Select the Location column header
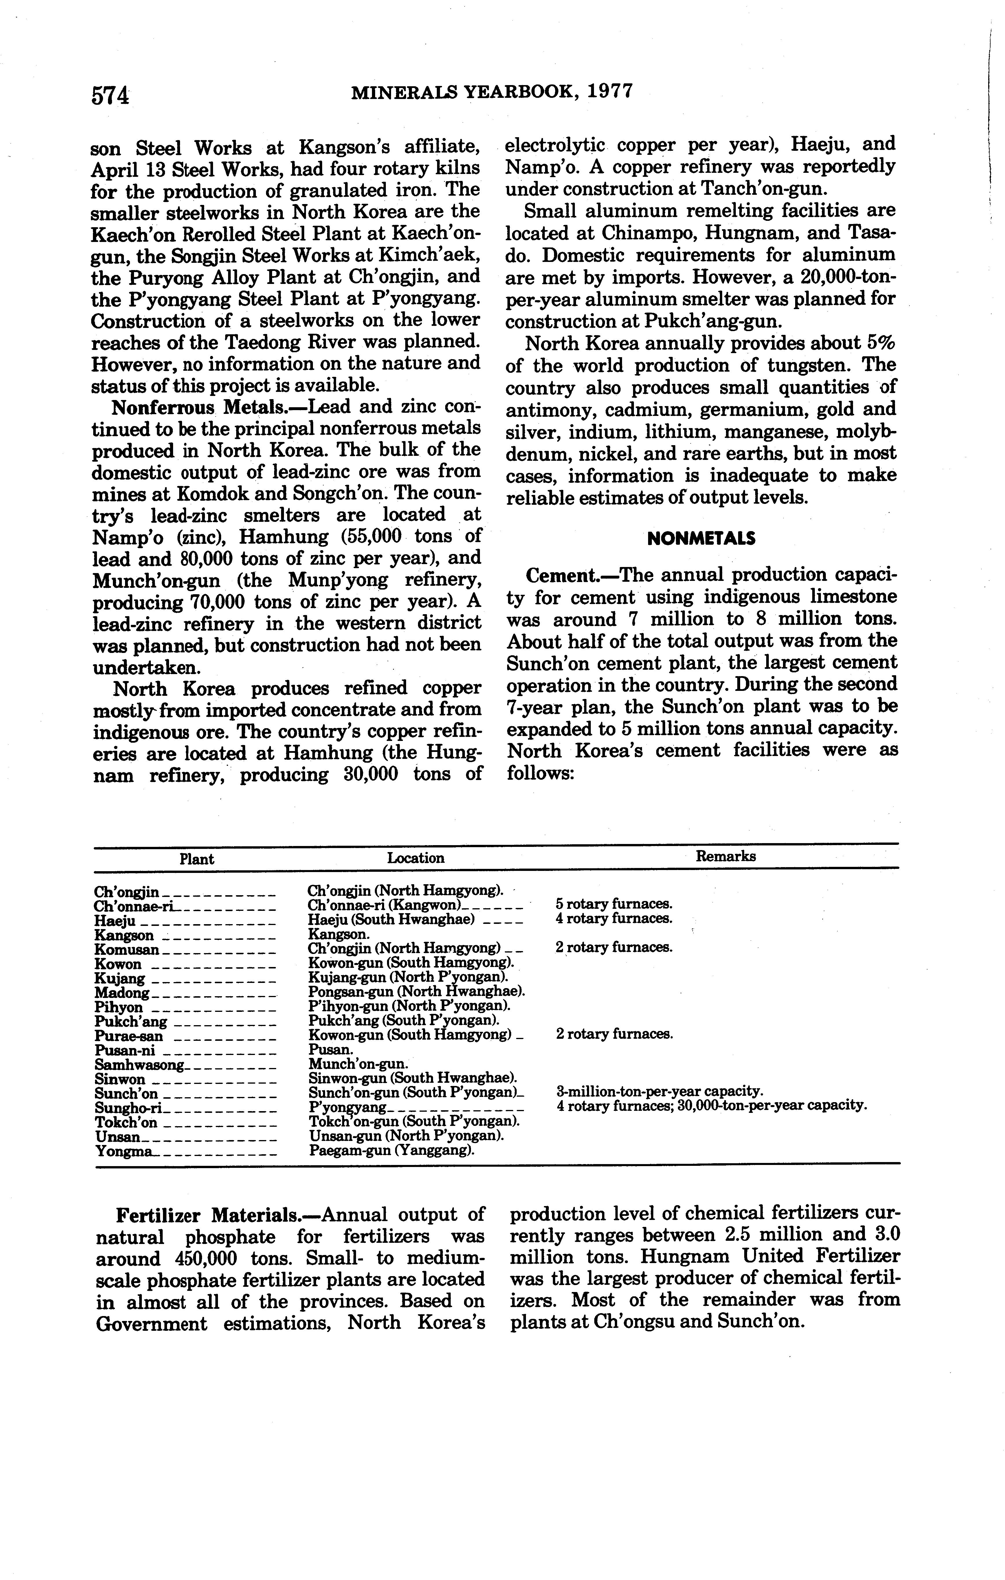click(415, 858)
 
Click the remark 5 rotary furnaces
click(613, 904)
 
